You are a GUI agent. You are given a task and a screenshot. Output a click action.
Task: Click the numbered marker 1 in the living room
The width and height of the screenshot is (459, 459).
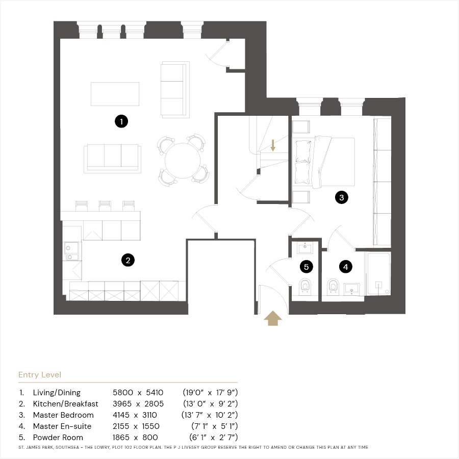[x=121, y=121]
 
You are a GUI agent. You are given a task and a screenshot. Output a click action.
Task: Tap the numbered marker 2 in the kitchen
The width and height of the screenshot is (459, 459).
[x=128, y=260]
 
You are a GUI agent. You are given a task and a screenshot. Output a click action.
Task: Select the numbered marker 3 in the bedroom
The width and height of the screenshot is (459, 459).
[x=342, y=197]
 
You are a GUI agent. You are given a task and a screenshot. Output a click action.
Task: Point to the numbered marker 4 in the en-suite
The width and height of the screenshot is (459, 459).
[x=346, y=267]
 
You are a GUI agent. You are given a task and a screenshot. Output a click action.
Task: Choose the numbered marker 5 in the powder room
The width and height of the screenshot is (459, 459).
[x=307, y=267]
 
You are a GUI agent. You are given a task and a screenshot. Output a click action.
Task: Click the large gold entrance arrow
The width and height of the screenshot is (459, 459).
[x=273, y=318]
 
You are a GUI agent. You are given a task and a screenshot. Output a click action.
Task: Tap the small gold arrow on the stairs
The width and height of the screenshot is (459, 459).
[x=273, y=145]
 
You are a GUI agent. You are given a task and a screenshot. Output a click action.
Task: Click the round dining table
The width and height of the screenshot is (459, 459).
[x=183, y=161]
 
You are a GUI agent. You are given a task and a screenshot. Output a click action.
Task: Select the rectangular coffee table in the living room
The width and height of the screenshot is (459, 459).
[x=115, y=94]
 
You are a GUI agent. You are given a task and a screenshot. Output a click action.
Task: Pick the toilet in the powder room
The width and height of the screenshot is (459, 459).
[x=305, y=286]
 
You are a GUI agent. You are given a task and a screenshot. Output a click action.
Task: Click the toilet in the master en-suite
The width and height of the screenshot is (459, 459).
[x=333, y=286]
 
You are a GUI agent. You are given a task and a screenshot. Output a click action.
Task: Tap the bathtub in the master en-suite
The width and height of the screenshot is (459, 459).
[x=379, y=273]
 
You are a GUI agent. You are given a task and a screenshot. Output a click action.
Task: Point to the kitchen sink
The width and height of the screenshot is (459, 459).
[x=71, y=251]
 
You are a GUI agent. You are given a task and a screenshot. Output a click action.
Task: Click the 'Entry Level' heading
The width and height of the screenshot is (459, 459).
[x=40, y=375]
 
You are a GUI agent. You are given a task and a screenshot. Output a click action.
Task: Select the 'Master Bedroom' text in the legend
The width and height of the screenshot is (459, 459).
[x=63, y=415]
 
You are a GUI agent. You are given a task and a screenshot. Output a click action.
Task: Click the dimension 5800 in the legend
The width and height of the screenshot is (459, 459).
[x=123, y=392]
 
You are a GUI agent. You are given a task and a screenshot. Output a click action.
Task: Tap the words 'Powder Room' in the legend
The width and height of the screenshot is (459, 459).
[x=58, y=438]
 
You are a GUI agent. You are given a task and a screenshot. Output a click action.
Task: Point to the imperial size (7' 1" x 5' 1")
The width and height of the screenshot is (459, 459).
[x=215, y=426]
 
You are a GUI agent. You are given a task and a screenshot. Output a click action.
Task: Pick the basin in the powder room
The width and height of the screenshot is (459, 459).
[x=305, y=248]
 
